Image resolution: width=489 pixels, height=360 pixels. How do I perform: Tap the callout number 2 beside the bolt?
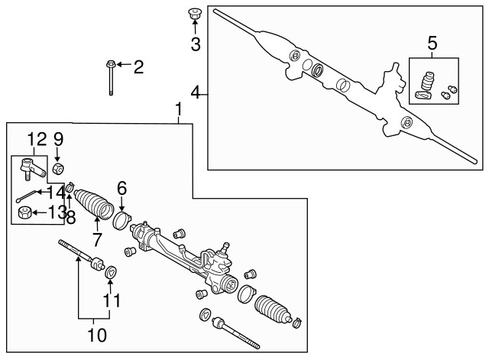138,67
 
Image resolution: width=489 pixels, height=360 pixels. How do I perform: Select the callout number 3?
195,44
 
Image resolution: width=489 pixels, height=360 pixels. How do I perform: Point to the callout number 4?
196,94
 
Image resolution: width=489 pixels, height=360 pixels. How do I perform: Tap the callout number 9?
58,140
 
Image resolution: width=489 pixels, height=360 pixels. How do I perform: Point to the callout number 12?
36,140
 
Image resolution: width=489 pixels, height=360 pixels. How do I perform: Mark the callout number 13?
55,212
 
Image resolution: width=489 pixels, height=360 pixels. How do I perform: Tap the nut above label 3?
194,13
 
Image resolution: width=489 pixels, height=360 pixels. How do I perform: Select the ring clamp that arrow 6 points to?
121,221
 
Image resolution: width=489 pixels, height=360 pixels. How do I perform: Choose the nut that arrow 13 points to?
24,212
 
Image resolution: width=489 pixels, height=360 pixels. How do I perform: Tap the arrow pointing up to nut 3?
194,28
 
